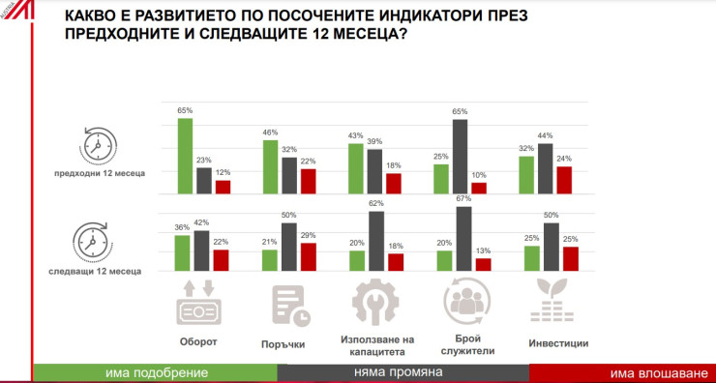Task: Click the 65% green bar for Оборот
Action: [184, 156]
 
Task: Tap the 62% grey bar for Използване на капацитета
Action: [375, 240]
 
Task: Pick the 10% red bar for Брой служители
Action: [479, 189]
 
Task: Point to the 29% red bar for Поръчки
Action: [309, 255]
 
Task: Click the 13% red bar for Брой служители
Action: [484, 263]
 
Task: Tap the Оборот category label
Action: [196, 341]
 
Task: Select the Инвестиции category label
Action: [558, 342]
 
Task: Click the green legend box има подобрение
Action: [156, 373]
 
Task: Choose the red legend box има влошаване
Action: [622, 373]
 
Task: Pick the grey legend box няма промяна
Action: [403, 373]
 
